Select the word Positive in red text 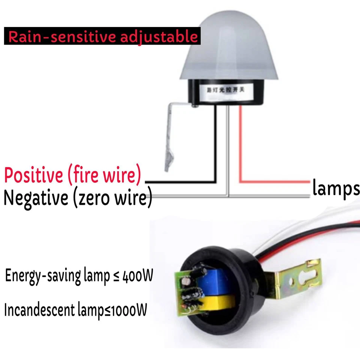[34, 175]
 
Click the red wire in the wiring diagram [240, 150]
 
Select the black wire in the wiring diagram [216, 150]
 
